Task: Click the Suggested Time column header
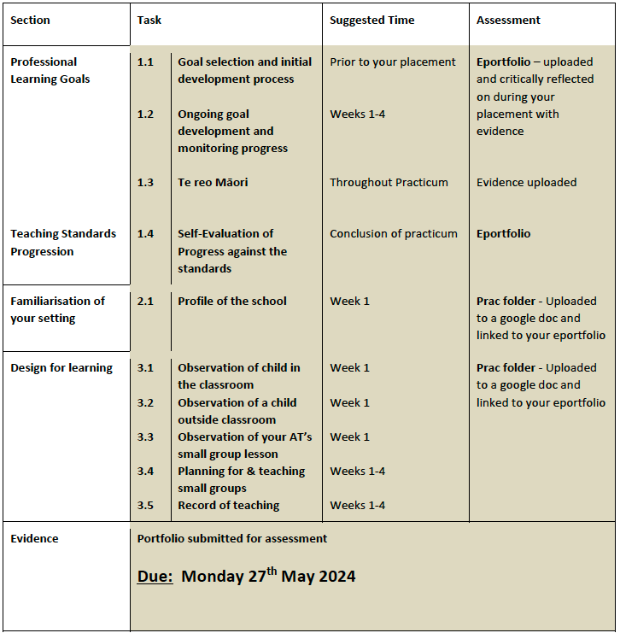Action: [371, 20]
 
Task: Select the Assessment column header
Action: [508, 20]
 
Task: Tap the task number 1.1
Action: [146, 62]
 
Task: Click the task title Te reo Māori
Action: [213, 182]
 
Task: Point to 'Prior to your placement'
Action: [393, 62]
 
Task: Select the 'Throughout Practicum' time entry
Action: [389, 182]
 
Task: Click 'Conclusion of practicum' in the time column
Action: [394, 233]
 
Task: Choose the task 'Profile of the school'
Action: [232, 301]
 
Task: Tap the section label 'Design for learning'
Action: [61, 367]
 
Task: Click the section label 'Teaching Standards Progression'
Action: [63, 242]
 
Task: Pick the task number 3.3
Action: [146, 437]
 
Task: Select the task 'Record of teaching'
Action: [228, 505]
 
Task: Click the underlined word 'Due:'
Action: [155, 577]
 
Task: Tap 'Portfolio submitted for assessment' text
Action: [232, 538]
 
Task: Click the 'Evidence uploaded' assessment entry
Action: [526, 182]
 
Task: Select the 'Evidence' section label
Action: [34, 538]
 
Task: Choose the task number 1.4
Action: [146, 233]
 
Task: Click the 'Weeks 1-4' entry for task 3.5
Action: [357, 505]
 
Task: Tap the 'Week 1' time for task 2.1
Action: [349, 301]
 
